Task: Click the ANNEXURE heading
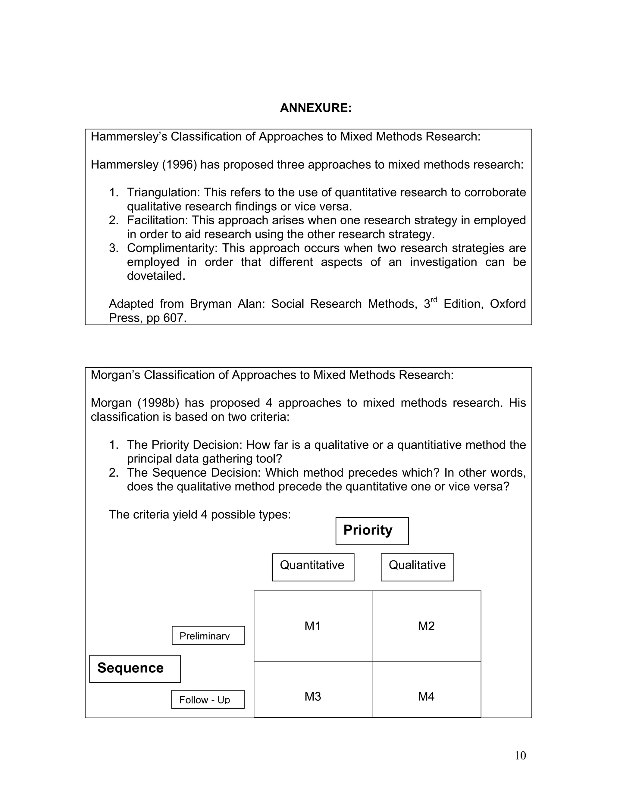point(315,108)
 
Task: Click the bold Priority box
point(372,531)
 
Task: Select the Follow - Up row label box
point(208,699)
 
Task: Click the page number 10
point(520,755)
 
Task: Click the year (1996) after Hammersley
point(180,164)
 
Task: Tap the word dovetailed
point(156,276)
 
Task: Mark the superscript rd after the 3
point(434,300)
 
